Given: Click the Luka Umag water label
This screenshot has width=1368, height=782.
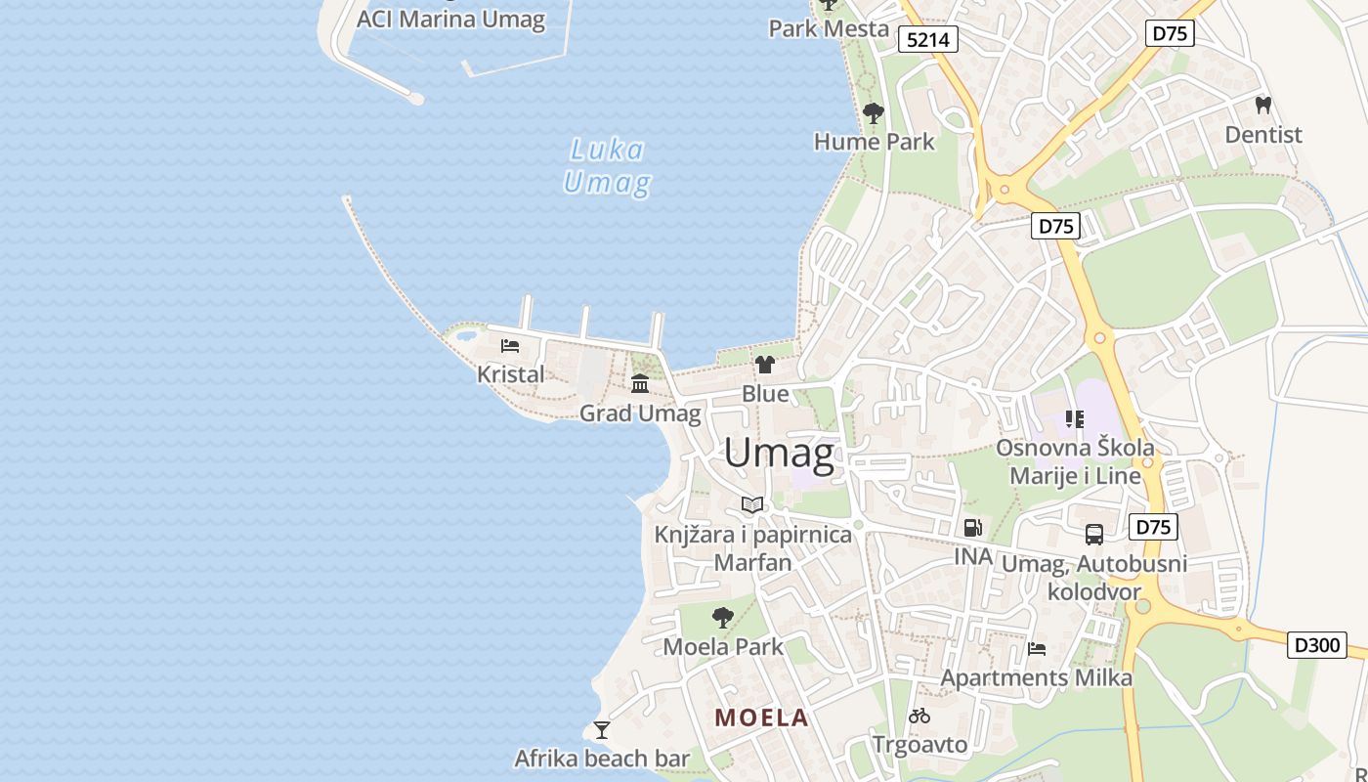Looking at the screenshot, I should click(607, 166).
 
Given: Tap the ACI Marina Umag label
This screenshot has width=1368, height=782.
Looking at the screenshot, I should click(450, 20).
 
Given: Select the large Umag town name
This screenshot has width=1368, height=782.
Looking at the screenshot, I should click(779, 454).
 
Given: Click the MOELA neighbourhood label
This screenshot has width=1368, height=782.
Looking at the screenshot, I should click(761, 717).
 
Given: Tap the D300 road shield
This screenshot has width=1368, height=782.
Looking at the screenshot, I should click(1316, 645).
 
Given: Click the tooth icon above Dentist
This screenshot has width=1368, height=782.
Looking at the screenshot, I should click(1262, 106).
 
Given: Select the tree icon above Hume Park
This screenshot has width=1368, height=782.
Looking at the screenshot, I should click(873, 114).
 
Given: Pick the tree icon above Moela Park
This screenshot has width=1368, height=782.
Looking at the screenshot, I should click(723, 618).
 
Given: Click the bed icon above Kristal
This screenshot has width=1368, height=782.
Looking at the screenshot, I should click(510, 346).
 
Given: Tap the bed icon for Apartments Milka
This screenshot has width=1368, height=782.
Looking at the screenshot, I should click(1037, 649).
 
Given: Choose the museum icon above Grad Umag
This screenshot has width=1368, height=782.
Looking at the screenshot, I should click(640, 383).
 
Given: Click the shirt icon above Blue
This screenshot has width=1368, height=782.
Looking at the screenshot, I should click(764, 365).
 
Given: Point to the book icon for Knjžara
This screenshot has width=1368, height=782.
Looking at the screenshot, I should click(752, 505).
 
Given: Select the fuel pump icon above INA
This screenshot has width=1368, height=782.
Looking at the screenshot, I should click(973, 528).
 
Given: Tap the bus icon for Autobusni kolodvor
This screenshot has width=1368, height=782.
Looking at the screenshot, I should click(1094, 535).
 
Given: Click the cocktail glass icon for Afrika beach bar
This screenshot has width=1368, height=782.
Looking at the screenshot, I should click(602, 730).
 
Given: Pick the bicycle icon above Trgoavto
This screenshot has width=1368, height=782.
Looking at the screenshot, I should click(919, 717).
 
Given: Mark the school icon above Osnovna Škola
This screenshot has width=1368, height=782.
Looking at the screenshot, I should click(1075, 419).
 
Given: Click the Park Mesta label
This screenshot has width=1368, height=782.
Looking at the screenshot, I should click(829, 28).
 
